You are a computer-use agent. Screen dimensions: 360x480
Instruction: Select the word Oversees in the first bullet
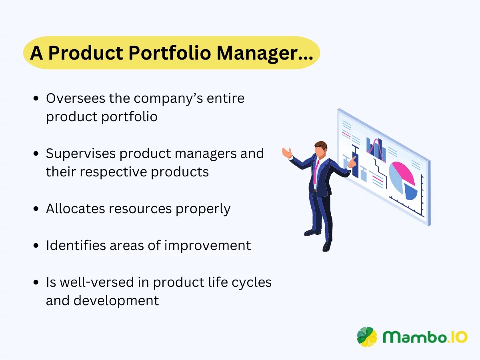point(76,98)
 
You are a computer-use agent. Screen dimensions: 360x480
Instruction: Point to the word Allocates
point(74,208)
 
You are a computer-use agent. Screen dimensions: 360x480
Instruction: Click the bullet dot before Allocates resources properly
point(36,209)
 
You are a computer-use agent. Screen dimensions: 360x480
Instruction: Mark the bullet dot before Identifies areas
point(36,246)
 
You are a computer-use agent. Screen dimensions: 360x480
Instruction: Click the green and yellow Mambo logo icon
point(367,337)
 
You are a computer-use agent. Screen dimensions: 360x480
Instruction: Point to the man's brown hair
point(320,145)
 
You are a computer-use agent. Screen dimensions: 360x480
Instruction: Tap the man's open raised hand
point(286,153)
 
